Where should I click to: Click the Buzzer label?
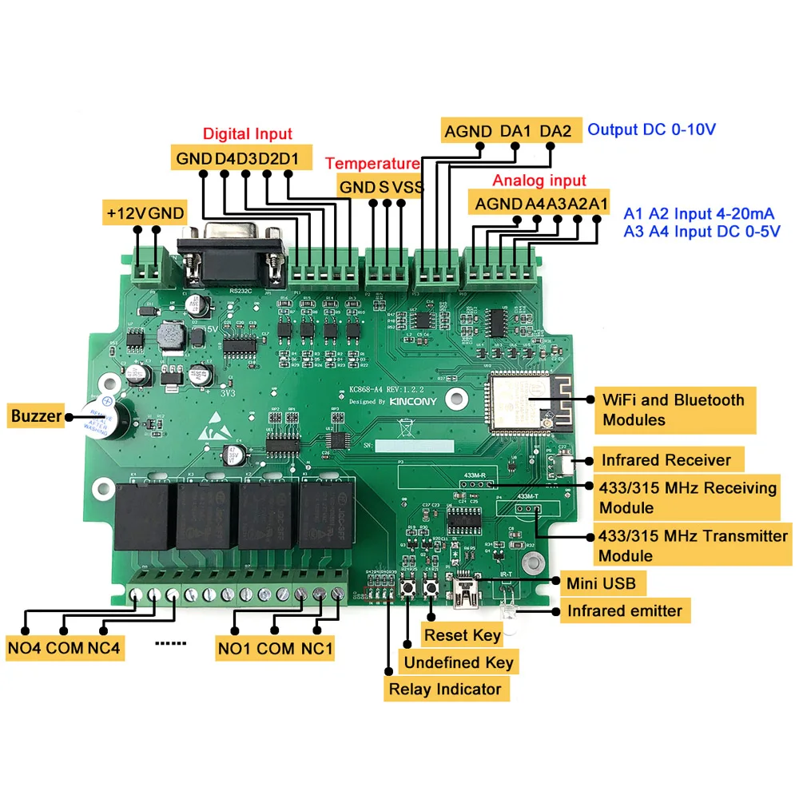click(35, 415)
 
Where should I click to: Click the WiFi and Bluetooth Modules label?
click(673, 410)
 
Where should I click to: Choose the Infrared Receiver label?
click(666, 460)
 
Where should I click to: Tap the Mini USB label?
click(601, 583)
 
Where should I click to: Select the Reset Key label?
click(463, 636)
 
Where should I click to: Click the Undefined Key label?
click(458, 662)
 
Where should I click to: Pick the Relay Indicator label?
click(444, 690)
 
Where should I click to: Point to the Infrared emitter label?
click(624, 611)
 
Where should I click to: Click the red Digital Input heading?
click(248, 134)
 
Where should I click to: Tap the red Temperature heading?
click(372, 164)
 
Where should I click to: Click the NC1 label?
click(316, 647)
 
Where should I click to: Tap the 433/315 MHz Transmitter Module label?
click(692, 545)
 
